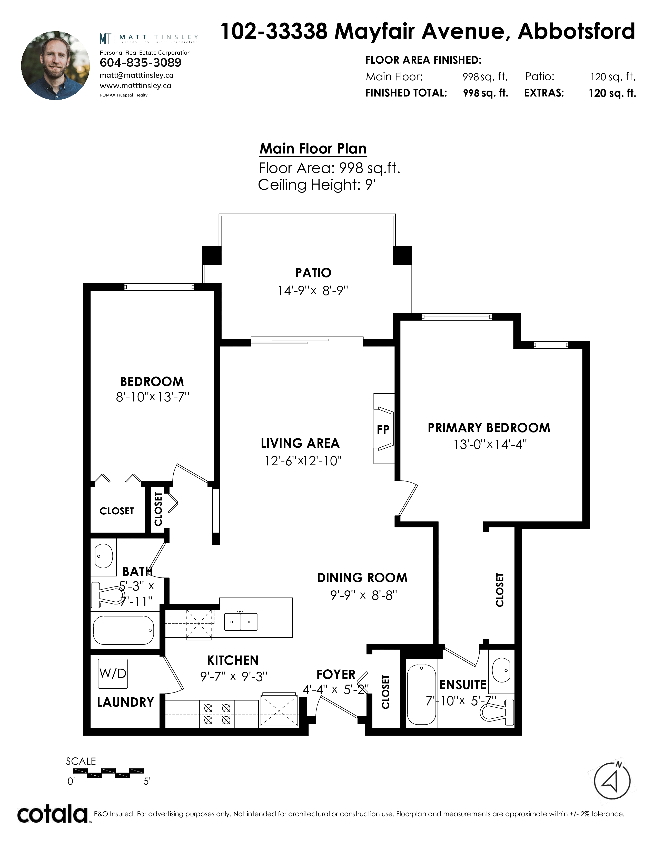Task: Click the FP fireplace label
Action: [x=383, y=430]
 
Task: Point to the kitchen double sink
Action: [x=241, y=622]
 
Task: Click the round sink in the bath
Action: [x=104, y=556]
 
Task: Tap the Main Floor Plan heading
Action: [x=313, y=149]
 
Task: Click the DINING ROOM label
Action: [x=362, y=578]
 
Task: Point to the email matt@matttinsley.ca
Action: [x=137, y=75]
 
